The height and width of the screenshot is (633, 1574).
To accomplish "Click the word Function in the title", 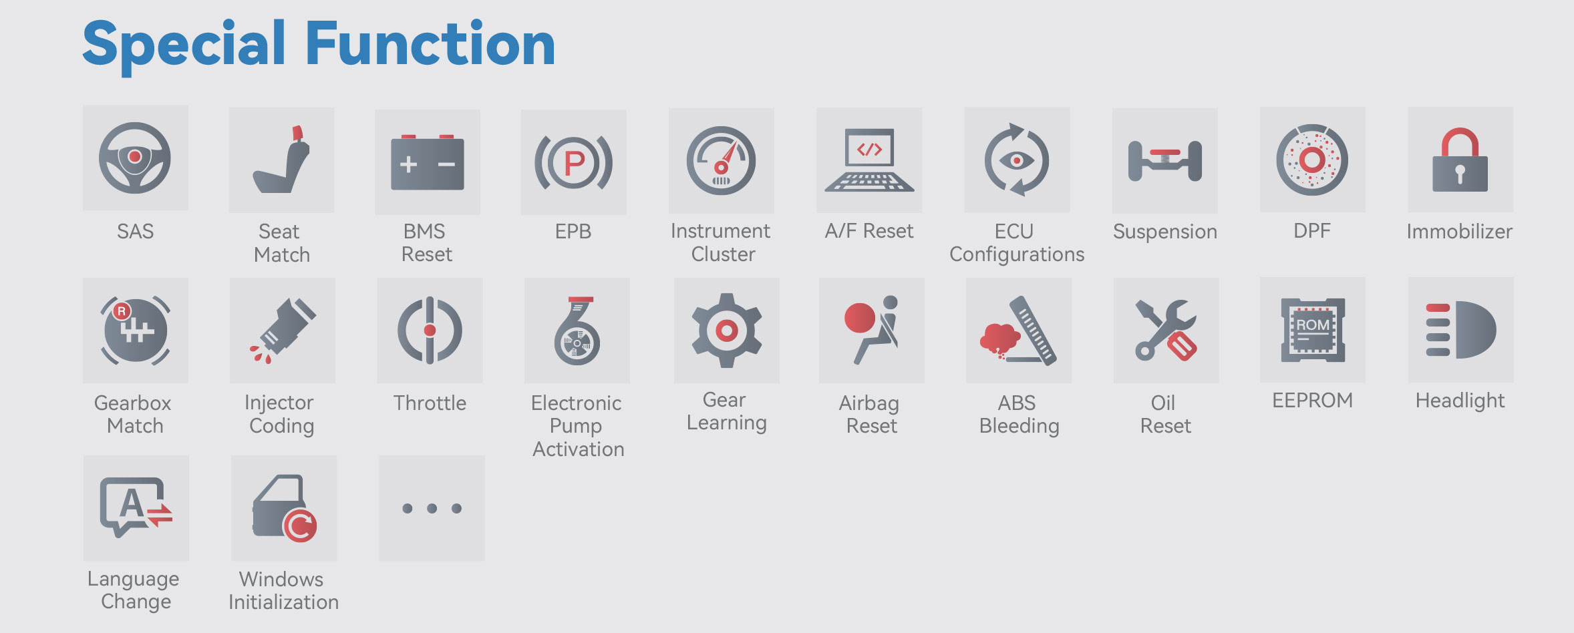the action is pyautogui.click(x=430, y=44).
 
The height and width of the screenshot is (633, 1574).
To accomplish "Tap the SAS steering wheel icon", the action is pyautogui.click(x=135, y=158).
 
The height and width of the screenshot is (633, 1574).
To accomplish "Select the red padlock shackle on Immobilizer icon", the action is pyautogui.click(x=1460, y=142).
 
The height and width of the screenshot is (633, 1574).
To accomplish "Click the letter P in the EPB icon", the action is pyautogui.click(x=575, y=162).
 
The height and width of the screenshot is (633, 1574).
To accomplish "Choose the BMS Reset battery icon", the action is pyautogui.click(x=428, y=162).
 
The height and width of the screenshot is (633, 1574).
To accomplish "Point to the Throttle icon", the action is pyautogui.click(x=430, y=331).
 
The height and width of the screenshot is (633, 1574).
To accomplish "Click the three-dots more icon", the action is pyautogui.click(x=432, y=508).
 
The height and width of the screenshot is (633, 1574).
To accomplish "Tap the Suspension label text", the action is pyautogui.click(x=1165, y=232).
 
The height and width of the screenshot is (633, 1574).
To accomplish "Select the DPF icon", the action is pyautogui.click(x=1312, y=160).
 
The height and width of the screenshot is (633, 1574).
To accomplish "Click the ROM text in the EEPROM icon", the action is pyautogui.click(x=1313, y=325).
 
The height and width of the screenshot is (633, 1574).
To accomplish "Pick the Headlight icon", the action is pyautogui.click(x=1460, y=330).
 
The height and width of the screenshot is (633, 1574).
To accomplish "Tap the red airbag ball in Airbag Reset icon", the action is pyautogui.click(x=860, y=318).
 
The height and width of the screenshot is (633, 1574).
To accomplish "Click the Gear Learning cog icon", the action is pyautogui.click(x=727, y=330).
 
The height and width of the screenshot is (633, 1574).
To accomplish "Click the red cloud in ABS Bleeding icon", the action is pyautogui.click(x=999, y=338).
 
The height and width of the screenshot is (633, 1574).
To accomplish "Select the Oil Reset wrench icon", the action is pyautogui.click(x=1166, y=330).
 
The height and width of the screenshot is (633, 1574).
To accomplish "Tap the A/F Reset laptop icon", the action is pyautogui.click(x=869, y=160).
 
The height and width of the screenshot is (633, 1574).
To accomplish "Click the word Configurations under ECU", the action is pyautogui.click(x=1017, y=255).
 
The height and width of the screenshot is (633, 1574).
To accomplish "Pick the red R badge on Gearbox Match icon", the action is pyautogui.click(x=122, y=311).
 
